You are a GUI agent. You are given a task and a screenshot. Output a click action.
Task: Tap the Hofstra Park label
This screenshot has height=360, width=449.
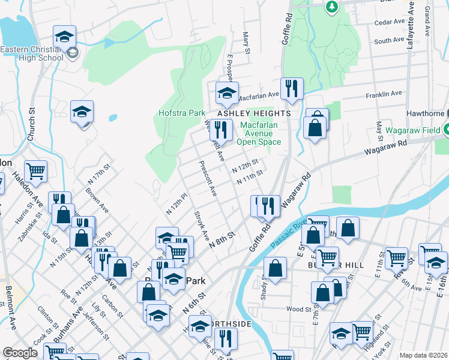click(x=182, y=112)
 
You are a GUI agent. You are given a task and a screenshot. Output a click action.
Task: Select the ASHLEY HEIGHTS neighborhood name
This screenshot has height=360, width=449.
click(x=254, y=113)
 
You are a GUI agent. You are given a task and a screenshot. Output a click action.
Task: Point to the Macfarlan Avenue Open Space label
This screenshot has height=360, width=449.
click(x=259, y=134)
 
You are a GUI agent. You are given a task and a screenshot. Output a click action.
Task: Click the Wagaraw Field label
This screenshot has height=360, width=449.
click(x=414, y=129)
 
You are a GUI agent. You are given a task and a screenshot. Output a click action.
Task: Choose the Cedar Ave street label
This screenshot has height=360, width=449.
click(x=390, y=22)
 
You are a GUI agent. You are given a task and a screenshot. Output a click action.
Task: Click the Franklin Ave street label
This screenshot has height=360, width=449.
click(x=384, y=94)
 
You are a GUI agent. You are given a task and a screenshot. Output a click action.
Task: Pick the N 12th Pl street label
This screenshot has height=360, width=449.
click(x=177, y=204)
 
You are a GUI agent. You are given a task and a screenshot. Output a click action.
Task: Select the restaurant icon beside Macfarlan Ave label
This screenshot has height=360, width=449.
click(x=292, y=88)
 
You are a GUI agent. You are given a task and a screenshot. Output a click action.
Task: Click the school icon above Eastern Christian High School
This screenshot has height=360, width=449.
click(x=64, y=36)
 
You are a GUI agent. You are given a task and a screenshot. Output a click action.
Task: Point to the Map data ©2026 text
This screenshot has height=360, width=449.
click(x=424, y=355)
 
